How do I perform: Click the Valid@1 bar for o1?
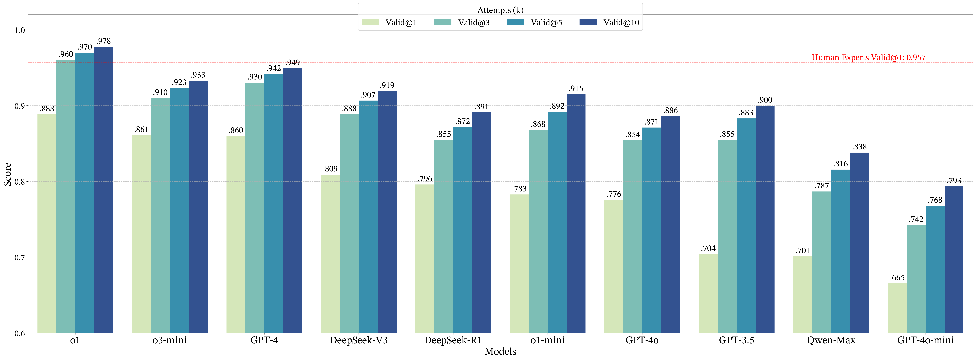(x=47, y=224)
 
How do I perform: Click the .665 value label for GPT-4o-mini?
(x=897, y=278)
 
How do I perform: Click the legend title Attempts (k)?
(x=500, y=10)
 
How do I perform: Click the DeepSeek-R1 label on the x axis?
(x=453, y=340)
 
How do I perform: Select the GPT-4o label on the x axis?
(x=642, y=340)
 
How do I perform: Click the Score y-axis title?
(x=8, y=174)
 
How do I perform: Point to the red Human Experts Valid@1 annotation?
(x=868, y=58)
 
